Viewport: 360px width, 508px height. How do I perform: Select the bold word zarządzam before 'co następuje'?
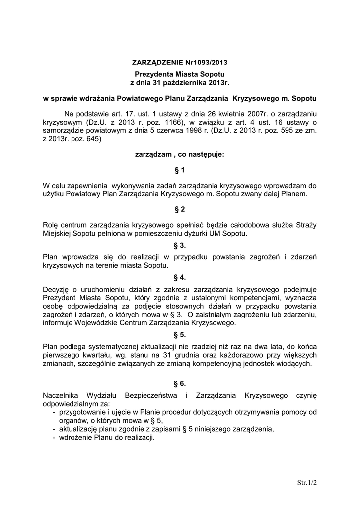coord(153,154)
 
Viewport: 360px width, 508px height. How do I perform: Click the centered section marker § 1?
coord(180,170)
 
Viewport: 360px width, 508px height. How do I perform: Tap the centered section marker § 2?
coord(180,209)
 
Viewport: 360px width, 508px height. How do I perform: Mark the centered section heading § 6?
coord(180,383)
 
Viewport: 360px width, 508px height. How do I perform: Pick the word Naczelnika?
coord(63,395)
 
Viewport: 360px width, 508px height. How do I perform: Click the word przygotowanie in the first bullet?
coord(82,412)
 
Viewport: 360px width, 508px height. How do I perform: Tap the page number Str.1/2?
coord(307,482)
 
